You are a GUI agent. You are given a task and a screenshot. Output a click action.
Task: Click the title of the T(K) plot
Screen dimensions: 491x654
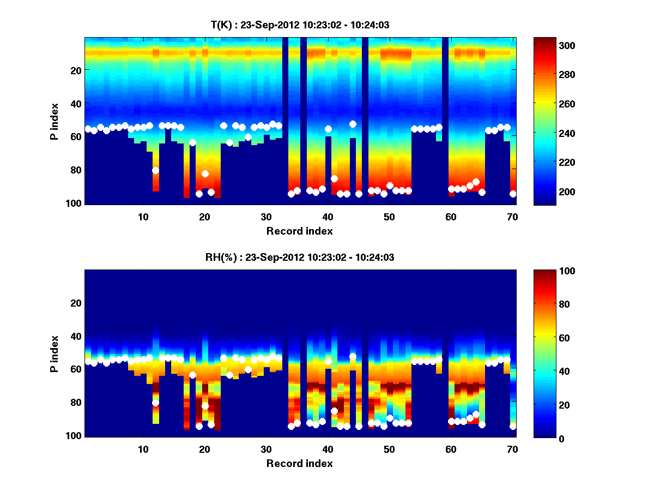(300, 25)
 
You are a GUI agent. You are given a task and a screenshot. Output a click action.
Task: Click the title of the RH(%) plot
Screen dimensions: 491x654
(300, 257)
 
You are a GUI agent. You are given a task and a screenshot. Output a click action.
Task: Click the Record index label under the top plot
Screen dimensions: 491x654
(300, 231)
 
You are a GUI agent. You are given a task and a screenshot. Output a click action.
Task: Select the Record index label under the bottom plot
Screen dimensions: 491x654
(300, 463)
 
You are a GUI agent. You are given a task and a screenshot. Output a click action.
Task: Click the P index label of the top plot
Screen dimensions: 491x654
(55, 121)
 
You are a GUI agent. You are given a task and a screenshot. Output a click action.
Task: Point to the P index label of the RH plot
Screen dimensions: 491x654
(55, 354)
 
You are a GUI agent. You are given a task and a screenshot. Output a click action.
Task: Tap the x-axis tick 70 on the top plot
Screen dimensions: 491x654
(512, 216)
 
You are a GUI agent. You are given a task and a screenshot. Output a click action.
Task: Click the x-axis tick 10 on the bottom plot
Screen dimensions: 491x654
(143, 449)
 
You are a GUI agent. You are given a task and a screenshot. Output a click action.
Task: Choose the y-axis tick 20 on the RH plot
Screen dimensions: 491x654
(75, 303)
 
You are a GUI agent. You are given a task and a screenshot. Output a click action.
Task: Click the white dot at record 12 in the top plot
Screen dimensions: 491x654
(155, 170)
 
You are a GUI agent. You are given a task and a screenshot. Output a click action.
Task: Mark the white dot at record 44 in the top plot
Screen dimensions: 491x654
(353, 124)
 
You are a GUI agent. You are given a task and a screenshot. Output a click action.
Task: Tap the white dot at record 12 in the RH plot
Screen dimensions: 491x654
(155, 403)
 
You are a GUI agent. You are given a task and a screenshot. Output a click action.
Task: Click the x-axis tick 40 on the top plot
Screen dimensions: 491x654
(328, 216)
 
